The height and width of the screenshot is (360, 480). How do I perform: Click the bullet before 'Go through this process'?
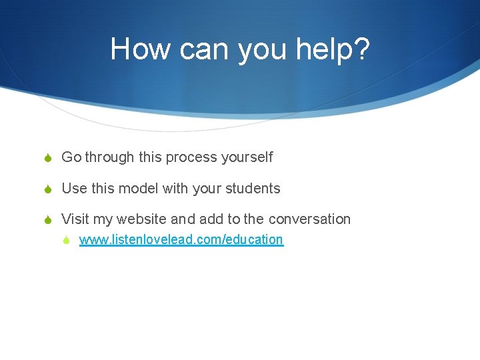click(x=50, y=158)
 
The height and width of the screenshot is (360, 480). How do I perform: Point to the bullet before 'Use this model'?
click(x=50, y=189)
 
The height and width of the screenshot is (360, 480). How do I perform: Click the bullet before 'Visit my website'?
click(x=50, y=220)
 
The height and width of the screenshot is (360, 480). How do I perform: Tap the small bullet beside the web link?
click(x=69, y=240)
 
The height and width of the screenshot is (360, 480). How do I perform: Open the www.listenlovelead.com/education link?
click(x=181, y=240)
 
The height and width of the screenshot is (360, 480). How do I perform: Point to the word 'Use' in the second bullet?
click(x=74, y=189)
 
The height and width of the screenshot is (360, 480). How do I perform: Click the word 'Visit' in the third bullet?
click(x=75, y=219)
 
